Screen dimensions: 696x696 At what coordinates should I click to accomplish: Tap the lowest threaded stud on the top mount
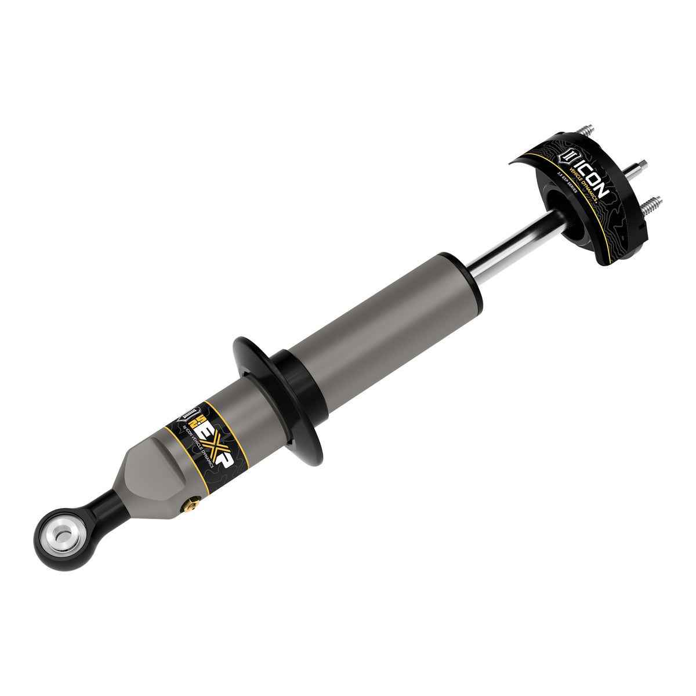click(x=652, y=204)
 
